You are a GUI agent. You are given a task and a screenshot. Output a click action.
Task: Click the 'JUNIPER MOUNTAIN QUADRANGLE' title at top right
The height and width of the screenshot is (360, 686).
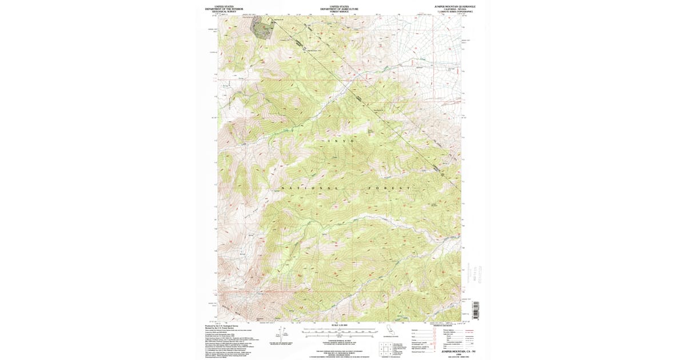[455, 6]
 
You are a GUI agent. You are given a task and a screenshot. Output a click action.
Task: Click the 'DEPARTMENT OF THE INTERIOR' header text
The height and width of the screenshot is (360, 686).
[224, 9]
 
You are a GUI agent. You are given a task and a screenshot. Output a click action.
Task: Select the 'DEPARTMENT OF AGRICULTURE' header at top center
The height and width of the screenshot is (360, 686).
[340, 9]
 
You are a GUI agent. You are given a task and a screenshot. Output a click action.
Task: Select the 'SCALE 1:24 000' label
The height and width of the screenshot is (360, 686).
[340, 325]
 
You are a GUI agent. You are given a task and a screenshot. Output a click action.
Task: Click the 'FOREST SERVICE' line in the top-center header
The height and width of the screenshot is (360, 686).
[340, 11]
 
